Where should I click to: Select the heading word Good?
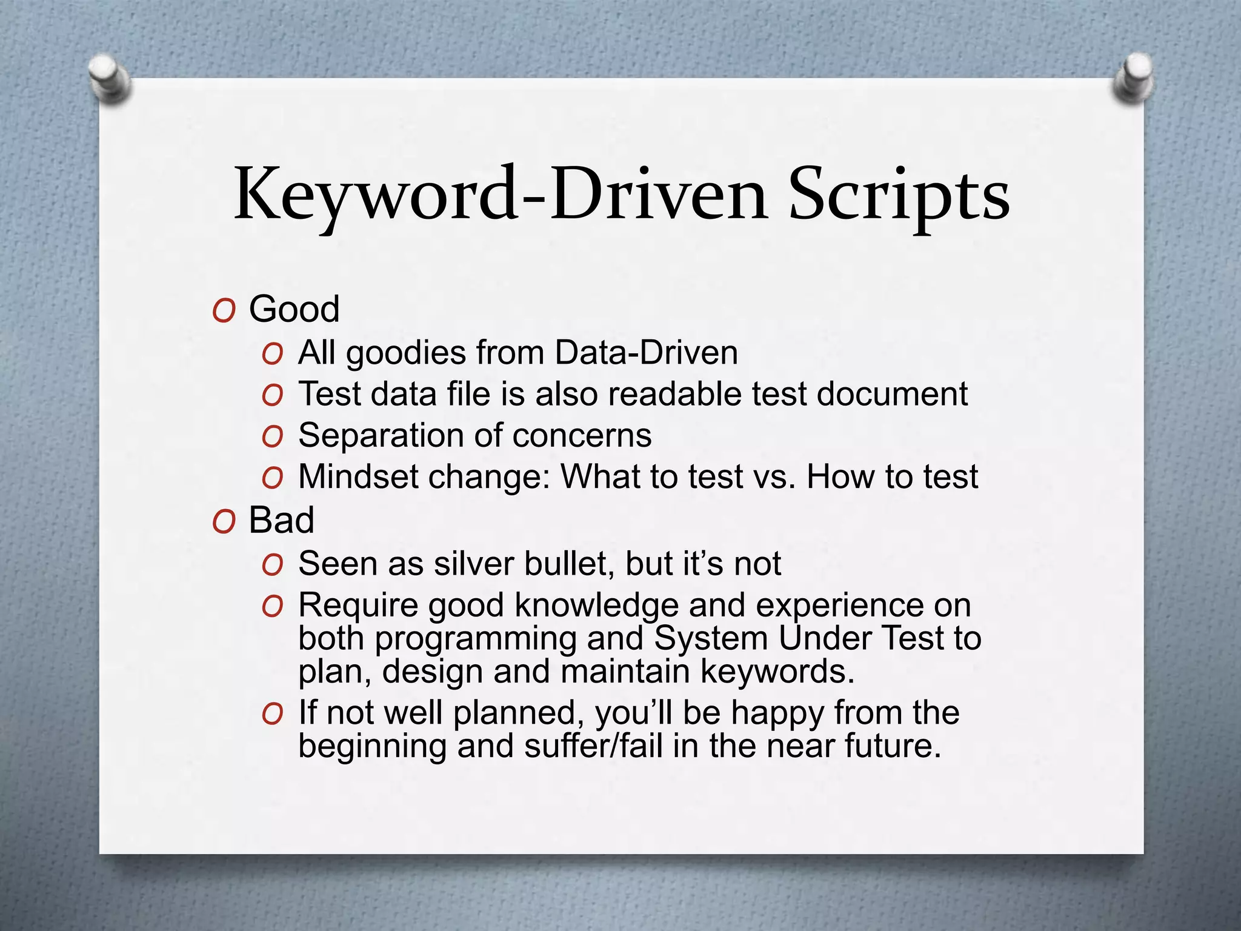(294, 309)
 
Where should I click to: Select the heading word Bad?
(281, 520)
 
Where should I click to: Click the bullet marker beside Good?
(224, 312)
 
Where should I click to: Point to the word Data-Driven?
(646, 353)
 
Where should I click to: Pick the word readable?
(676, 394)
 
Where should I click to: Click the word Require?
(358, 606)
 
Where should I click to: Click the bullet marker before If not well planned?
(273, 715)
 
